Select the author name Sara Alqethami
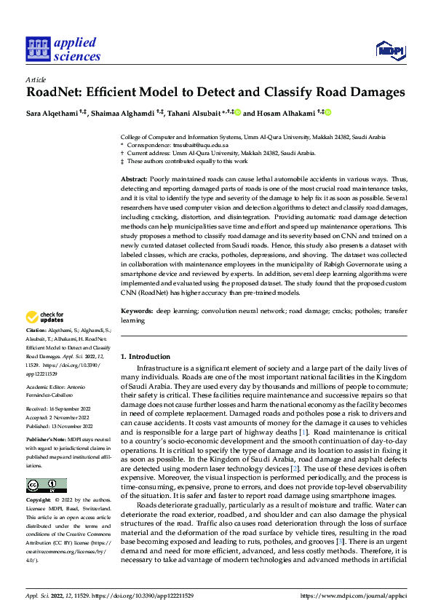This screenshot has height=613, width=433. tap(52, 113)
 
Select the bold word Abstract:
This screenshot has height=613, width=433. tap(134, 179)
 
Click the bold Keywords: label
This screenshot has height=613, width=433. tap(137, 311)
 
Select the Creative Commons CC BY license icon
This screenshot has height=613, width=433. tap(46, 485)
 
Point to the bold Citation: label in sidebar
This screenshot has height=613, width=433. tap(37, 330)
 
